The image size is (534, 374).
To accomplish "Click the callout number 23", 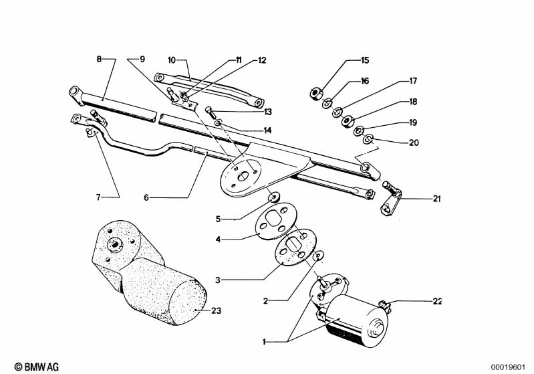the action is tap(217, 310).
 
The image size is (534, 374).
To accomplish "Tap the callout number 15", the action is tap(365, 60).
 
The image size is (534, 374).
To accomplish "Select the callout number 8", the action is tap(99, 59).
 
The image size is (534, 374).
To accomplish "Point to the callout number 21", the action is tap(436, 199).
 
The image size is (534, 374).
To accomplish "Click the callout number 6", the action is tap(146, 197).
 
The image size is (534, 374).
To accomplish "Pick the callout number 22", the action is tap(437, 301).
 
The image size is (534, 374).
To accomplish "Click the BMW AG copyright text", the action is tap(37, 367).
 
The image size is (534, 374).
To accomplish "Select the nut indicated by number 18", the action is tap(348, 121).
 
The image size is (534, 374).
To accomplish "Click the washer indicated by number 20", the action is tap(368, 138).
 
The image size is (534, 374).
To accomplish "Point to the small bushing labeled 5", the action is tap(274, 197).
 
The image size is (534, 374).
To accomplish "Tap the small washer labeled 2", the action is tap(319, 255).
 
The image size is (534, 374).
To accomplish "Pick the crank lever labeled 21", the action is tap(391, 198).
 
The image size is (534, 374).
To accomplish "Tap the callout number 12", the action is tap(261, 60).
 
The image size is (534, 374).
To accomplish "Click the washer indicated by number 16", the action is tap(327, 102).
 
